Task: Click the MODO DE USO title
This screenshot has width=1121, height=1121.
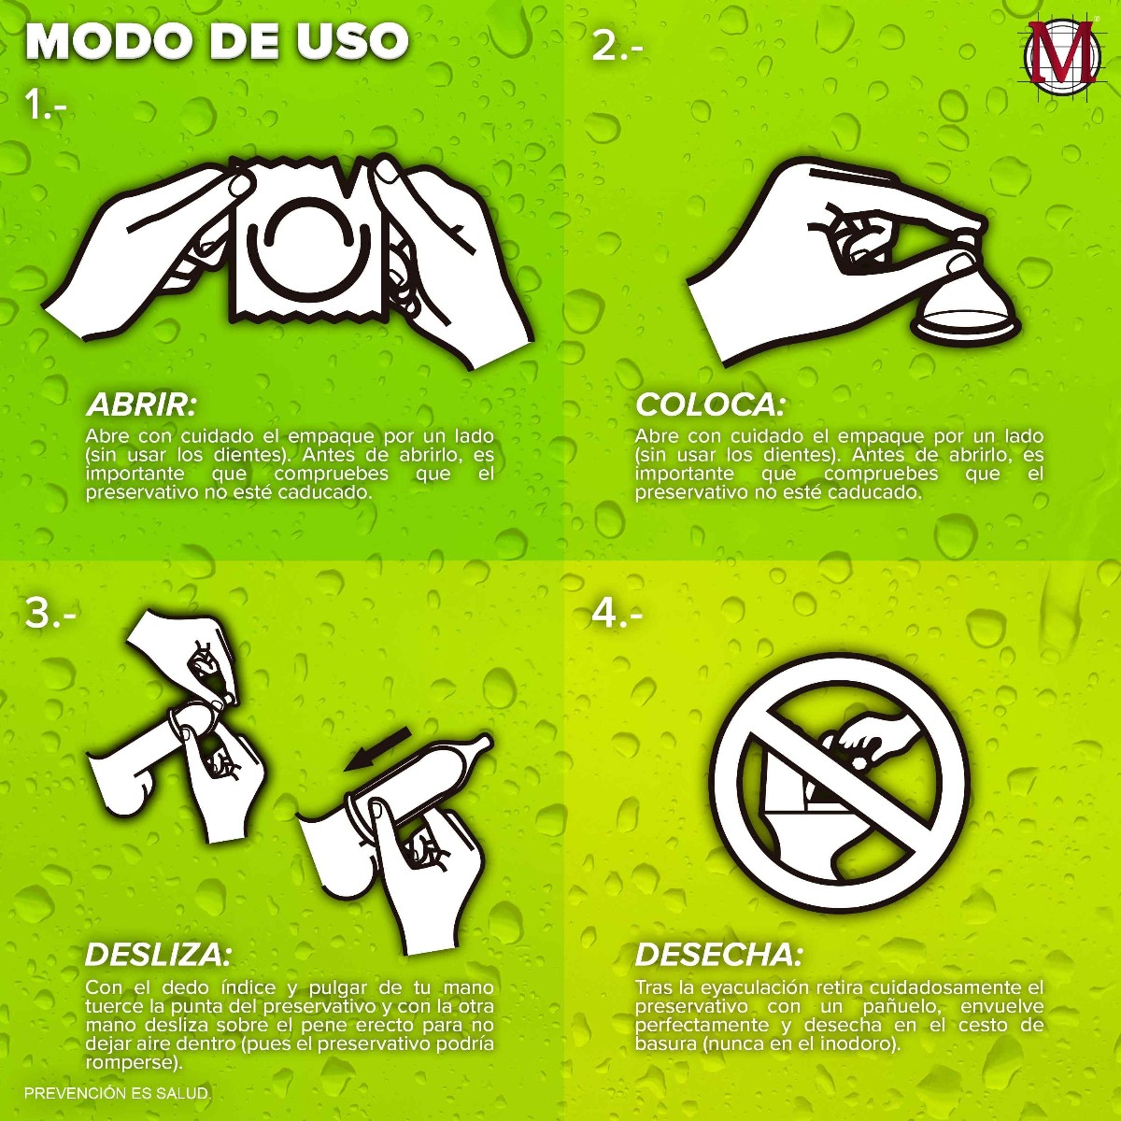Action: [217, 42]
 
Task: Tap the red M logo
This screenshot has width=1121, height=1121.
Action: [1061, 60]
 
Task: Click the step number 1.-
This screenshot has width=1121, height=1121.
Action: [46, 106]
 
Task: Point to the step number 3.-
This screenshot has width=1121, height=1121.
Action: [50, 613]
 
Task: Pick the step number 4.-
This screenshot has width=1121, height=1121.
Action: [617, 613]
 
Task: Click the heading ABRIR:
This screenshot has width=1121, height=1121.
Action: [142, 405]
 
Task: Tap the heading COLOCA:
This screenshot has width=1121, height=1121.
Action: [710, 405]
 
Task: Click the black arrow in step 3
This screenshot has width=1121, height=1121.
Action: [377, 749]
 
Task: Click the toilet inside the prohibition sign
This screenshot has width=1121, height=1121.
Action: [815, 815]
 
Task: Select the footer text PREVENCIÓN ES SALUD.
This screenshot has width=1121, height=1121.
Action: [117, 1093]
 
